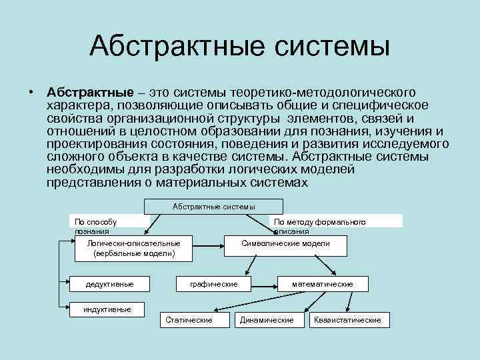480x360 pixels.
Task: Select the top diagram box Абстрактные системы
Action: click(214, 207)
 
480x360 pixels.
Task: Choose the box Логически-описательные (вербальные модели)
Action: click(134, 248)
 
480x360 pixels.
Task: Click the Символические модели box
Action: click(285, 244)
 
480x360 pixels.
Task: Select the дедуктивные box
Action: click(109, 284)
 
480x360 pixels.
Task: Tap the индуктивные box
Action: click(107, 309)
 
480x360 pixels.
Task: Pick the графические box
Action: click(214, 284)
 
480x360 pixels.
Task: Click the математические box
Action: click(323, 284)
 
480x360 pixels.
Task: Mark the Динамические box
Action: click(267, 320)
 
